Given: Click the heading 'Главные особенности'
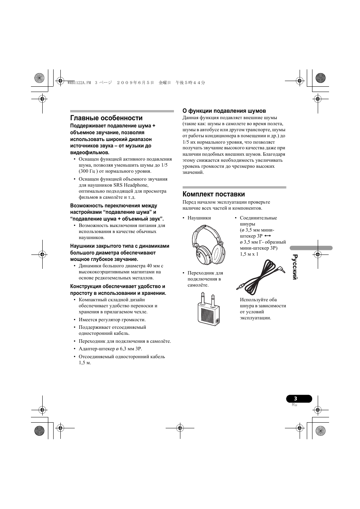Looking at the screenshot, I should [106, 118].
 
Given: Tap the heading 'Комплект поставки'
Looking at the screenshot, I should [214, 194].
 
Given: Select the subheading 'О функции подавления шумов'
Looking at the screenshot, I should [224, 111].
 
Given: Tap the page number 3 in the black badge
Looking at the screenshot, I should [295, 399].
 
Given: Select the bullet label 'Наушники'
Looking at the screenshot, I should [199, 218].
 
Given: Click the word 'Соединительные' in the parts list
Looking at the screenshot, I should [258, 218].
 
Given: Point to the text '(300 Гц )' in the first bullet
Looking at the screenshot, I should [88, 171].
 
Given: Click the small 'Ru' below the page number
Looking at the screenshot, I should [295, 405].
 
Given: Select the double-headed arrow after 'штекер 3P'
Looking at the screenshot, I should [268, 236].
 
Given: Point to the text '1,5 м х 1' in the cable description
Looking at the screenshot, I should [249, 254].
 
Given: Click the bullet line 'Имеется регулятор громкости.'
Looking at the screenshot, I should [112, 320].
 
